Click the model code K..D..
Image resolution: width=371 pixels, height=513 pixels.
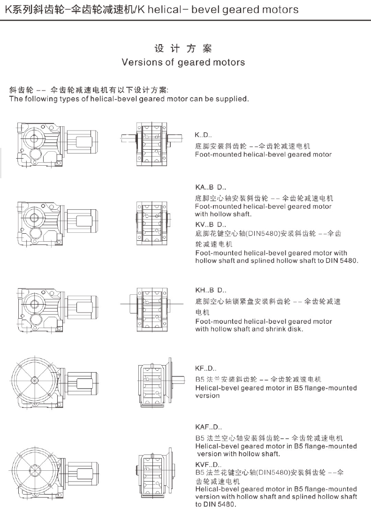click(204, 135)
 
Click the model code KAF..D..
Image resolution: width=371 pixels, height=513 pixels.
click(208, 427)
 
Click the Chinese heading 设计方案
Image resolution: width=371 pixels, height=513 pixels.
click(183, 48)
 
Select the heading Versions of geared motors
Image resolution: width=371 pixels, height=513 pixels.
click(183, 62)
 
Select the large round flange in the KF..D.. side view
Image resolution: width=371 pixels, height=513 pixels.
click(34, 379)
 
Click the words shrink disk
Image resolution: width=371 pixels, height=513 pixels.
click(287, 329)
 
